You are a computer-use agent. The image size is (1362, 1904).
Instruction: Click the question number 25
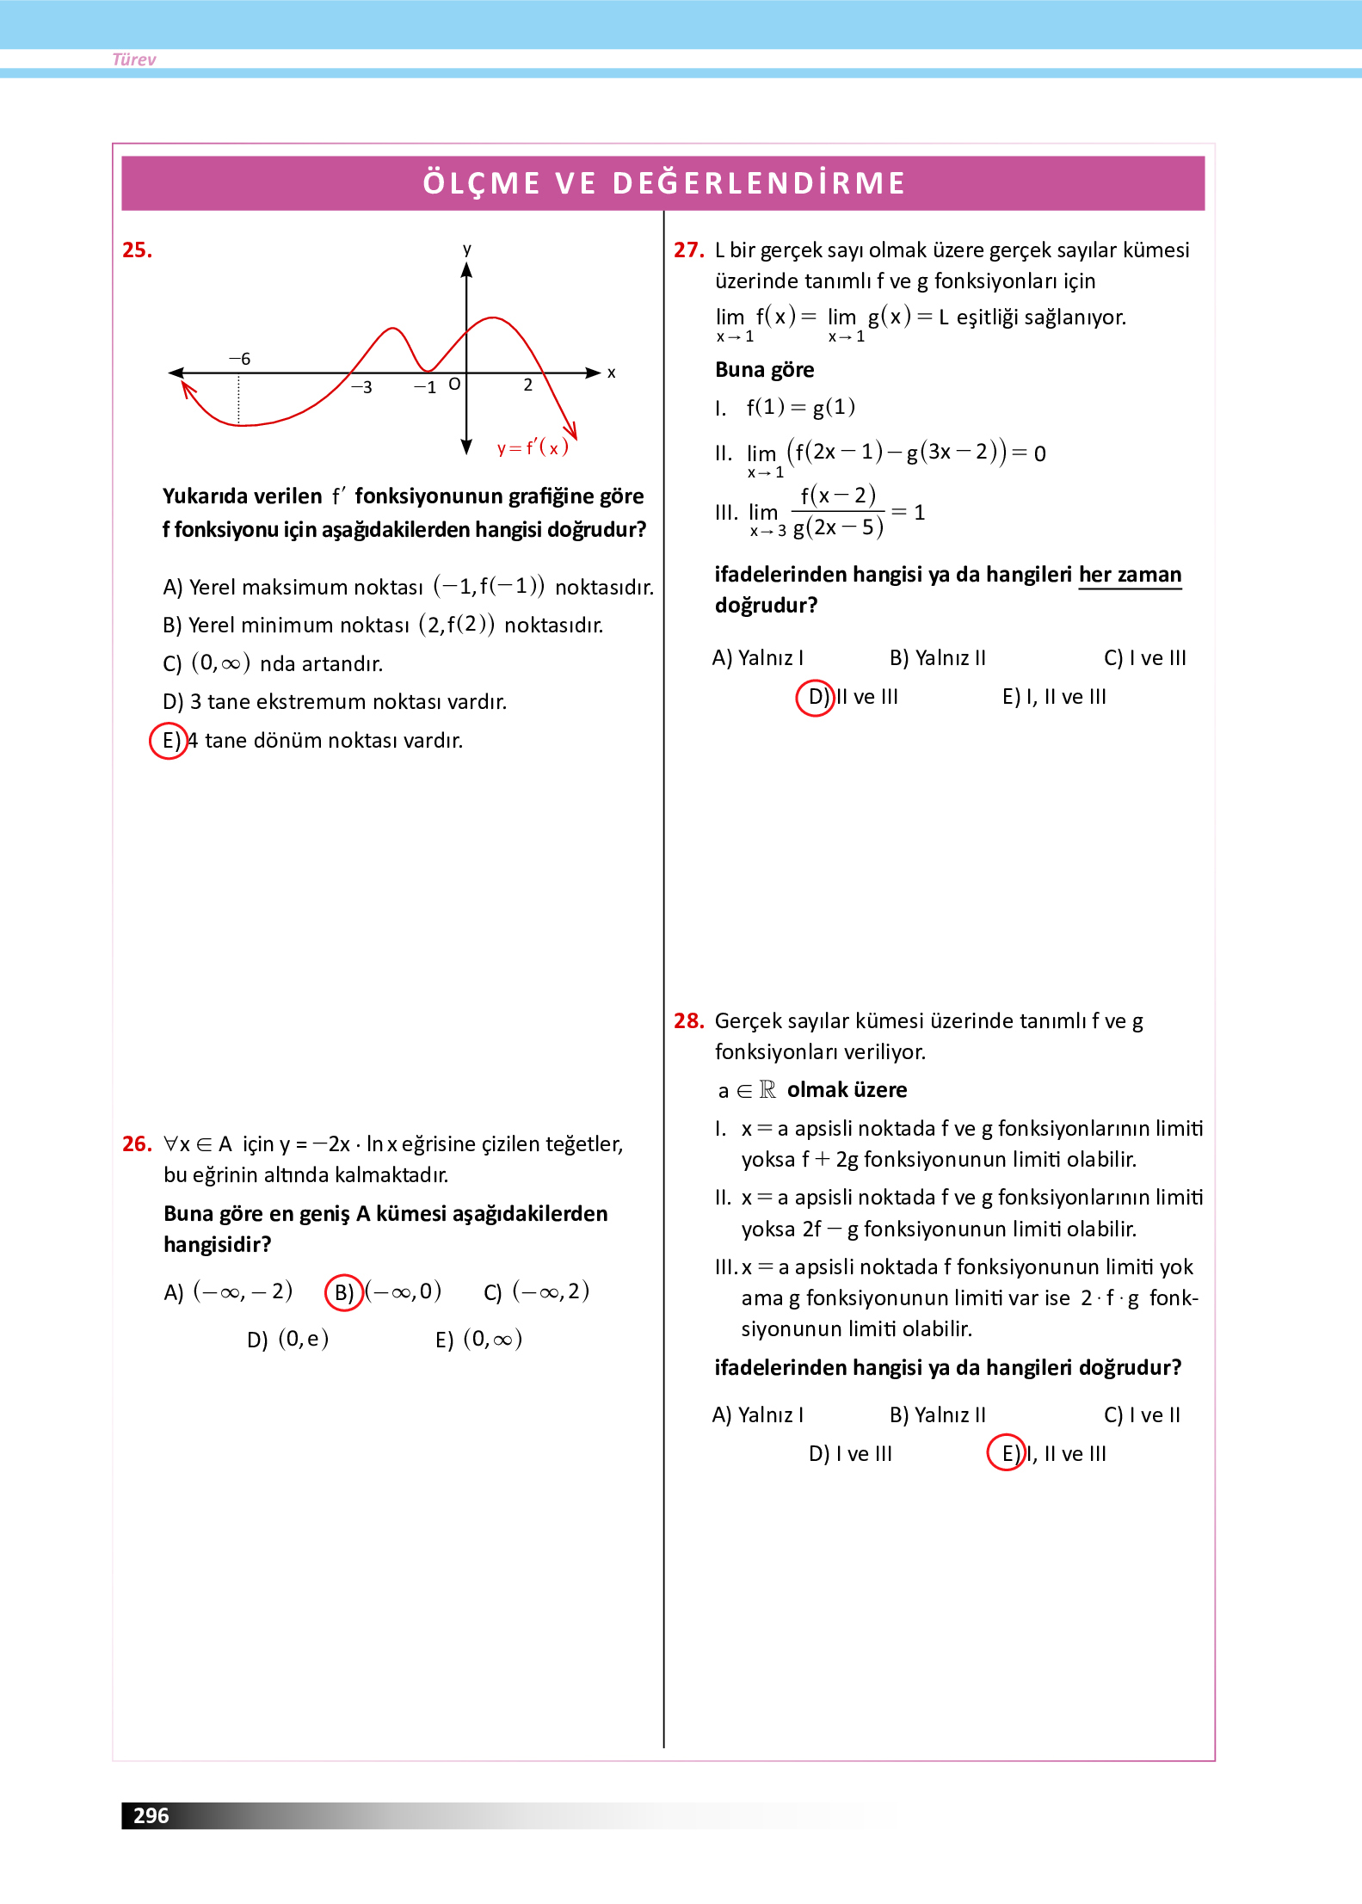pos(137,250)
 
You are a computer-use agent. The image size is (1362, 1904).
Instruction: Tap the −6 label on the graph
pos(239,359)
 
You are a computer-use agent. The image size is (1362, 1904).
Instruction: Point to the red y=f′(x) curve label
pos(533,447)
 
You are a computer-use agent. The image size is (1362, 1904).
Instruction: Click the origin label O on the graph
pos(454,384)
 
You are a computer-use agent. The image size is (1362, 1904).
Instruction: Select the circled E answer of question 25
pos(169,741)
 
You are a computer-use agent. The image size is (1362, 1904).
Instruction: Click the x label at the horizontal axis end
pos(611,373)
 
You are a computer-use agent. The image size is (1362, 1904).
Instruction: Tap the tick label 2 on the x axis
pos(527,385)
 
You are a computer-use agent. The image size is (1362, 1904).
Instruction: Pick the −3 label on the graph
pos(361,387)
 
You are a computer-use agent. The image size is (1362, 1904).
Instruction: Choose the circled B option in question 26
pos(343,1292)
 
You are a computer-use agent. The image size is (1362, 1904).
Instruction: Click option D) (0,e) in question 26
pos(288,1340)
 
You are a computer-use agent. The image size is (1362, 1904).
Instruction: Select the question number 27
pos(688,250)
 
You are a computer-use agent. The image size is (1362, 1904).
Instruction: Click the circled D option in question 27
pos(816,697)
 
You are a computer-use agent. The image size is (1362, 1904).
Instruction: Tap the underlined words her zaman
pos(1130,575)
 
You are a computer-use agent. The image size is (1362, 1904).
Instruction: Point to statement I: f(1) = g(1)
pos(800,407)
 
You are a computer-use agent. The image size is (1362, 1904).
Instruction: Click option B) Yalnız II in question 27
pos(937,658)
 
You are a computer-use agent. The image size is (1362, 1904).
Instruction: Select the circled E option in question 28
pos(1007,1453)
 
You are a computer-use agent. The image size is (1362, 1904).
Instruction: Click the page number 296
pos(151,1815)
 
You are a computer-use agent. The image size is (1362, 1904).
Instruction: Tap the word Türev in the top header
pos(134,59)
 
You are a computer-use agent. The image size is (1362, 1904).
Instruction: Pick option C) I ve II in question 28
pos(1142,1415)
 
